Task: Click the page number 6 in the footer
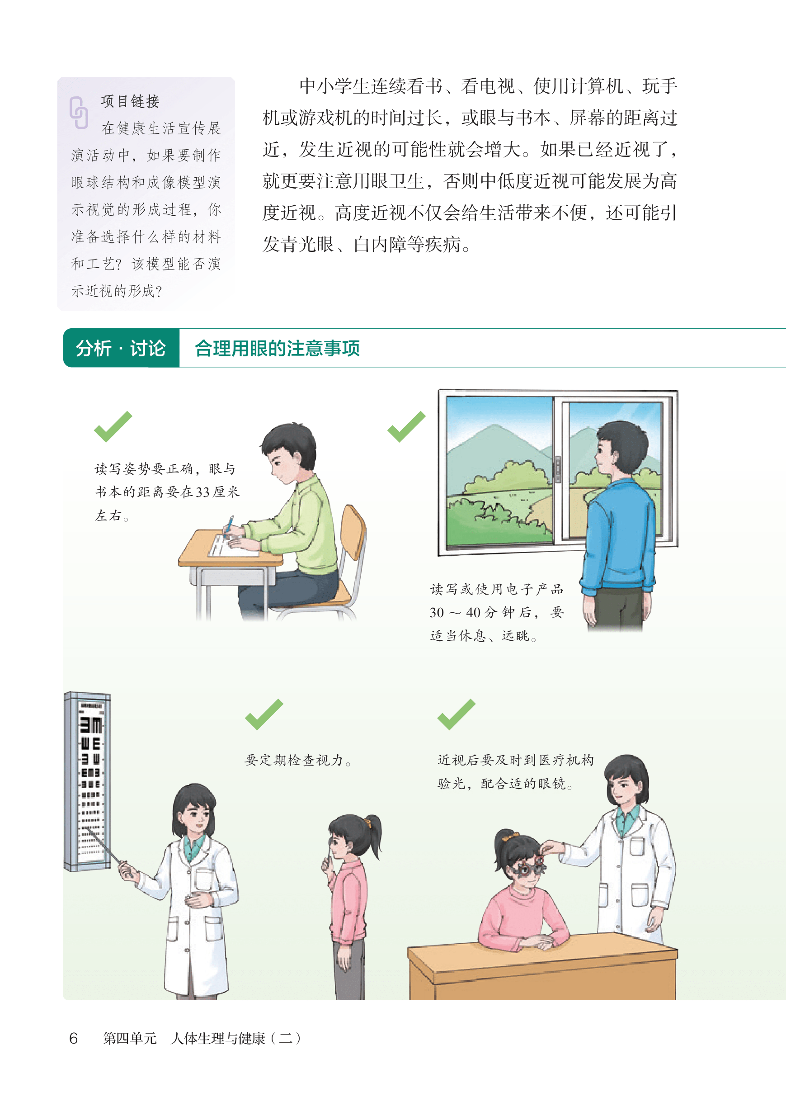(x=74, y=1038)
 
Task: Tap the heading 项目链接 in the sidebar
(x=130, y=101)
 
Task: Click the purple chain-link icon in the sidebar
(x=78, y=113)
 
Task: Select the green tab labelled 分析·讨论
(x=121, y=348)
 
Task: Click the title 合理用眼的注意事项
(x=277, y=348)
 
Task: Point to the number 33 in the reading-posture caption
(x=203, y=492)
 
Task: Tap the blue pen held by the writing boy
(x=228, y=525)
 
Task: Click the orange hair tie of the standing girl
(x=370, y=821)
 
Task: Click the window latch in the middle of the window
(x=557, y=468)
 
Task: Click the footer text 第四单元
(x=130, y=1038)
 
